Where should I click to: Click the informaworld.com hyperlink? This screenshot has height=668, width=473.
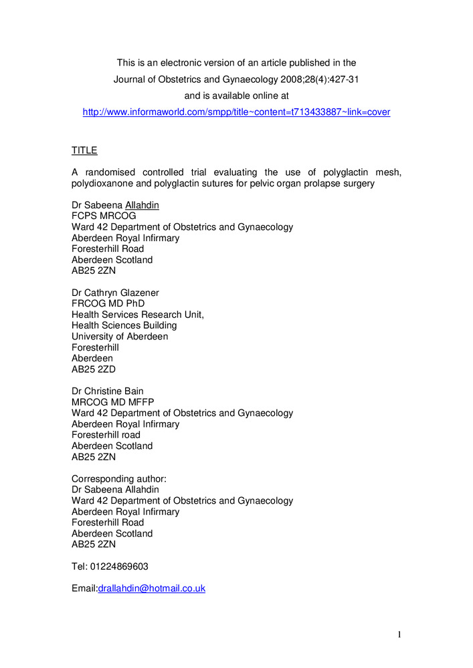click(x=236, y=112)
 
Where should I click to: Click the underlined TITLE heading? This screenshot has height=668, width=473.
click(x=84, y=151)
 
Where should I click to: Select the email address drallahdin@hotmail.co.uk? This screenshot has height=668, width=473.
click(x=152, y=589)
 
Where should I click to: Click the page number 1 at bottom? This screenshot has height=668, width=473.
click(x=399, y=635)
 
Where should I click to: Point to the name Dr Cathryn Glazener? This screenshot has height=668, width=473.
click(x=116, y=293)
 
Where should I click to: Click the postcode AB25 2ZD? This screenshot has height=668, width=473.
click(x=94, y=369)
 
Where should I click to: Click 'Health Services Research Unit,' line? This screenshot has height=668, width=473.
click(x=138, y=315)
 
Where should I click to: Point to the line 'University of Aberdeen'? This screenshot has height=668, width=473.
click(x=120, y=337)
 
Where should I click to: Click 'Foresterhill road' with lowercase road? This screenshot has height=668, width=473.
click(x=106, y=435)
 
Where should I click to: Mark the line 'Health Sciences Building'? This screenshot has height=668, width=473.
click(x=124, y=326)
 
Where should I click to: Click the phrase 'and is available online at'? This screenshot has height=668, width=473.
click(x=236, y=96)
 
